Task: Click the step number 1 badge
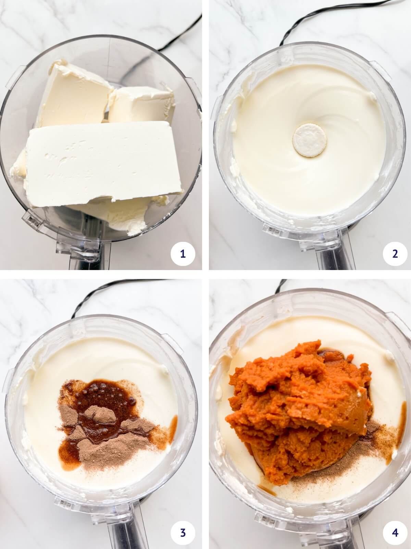(183, 254)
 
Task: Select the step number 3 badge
(183, 533)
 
